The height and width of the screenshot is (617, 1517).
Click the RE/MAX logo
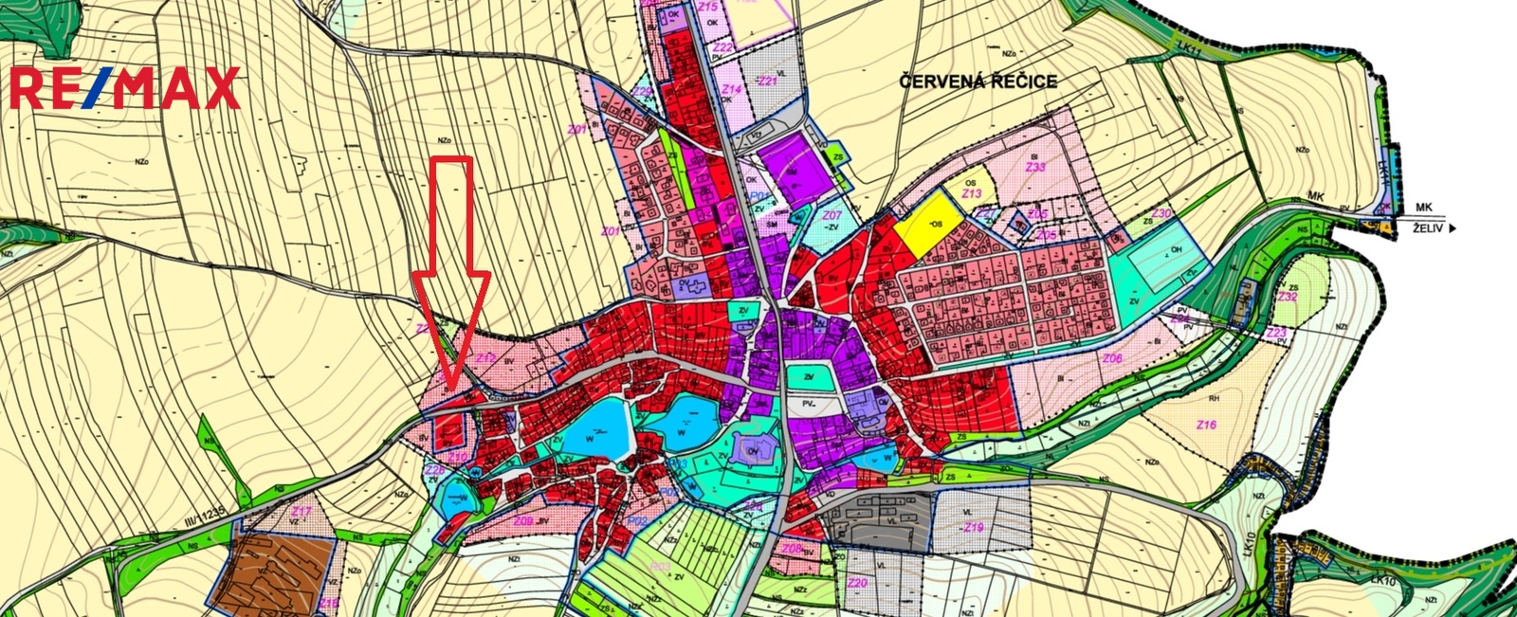125,88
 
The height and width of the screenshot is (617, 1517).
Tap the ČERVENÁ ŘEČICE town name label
978,82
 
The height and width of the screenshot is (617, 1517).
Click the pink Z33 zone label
1035,167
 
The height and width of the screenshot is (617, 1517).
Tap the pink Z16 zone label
1206,425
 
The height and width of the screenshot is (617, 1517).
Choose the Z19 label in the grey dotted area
973,527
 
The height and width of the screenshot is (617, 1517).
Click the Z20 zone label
857,583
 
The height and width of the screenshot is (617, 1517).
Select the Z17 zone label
302,512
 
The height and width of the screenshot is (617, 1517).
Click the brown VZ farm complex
274,572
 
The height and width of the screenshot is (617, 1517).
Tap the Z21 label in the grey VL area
767,82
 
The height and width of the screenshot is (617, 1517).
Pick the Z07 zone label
832,215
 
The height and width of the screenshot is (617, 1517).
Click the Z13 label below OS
971,194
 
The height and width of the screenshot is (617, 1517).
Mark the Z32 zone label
1288,297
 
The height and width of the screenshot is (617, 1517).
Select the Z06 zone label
1113,358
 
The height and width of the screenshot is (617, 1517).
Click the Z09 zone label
522,520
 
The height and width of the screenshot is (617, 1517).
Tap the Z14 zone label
731,88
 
